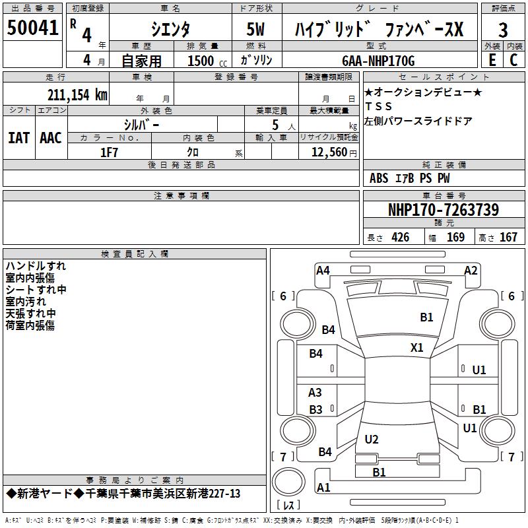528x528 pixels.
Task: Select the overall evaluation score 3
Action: pos(503,30)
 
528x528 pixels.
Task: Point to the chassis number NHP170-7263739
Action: pos(443,210)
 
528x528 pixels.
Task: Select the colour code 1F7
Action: pos(109,152)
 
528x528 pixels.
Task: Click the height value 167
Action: pos(508,238)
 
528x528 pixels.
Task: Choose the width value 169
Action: pos(455,238)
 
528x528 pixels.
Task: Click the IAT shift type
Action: pos(18,137)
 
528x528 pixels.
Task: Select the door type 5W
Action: pos(256,30)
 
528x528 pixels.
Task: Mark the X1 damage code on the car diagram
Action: pos(417,347)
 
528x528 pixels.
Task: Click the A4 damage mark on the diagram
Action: pos(323,270)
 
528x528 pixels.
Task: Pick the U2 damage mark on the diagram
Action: pos(372,439)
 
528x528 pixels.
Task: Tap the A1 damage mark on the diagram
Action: pos(323,488)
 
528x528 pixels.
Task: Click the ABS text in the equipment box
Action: pos(379,178)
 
